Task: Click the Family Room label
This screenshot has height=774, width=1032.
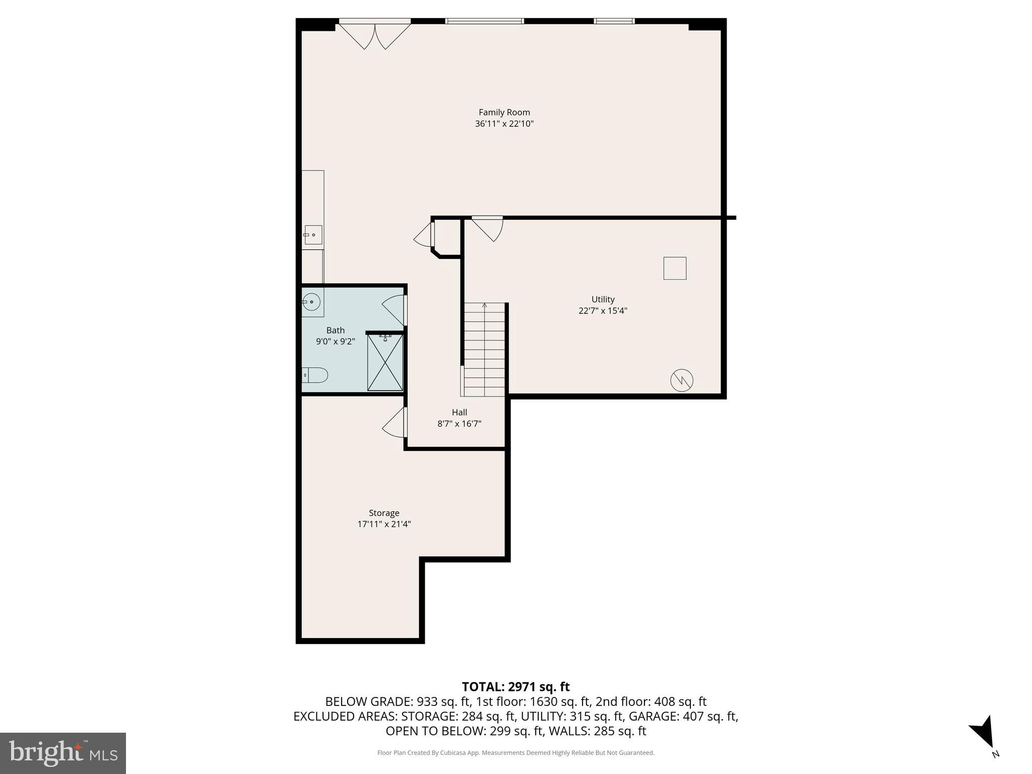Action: (x=504, y=112)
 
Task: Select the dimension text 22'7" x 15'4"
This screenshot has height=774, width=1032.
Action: (x=603, y=311)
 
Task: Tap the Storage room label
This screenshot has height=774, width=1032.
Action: (x=384, y=513)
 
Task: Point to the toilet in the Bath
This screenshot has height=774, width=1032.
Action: (x=315, y=375)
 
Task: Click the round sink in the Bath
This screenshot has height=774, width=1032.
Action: (x=312, y=302)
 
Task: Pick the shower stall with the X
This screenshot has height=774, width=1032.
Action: (x=385, y=362)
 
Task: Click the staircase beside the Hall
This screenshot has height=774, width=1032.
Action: (x=484, y=350)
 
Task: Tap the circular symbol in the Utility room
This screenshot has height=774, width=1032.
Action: (x=681, y=380)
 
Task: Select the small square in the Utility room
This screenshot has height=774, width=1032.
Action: (x=675, y=268)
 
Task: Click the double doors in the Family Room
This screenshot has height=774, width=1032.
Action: (x=375, y=35)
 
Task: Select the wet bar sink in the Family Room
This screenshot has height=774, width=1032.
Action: (x=313, y=235)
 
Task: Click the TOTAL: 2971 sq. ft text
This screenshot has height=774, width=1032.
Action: (x=515, y=687)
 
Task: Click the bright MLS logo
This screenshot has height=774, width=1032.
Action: (x=63, y=753)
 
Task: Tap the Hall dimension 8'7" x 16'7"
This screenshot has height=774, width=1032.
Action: (x=459, y=424)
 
